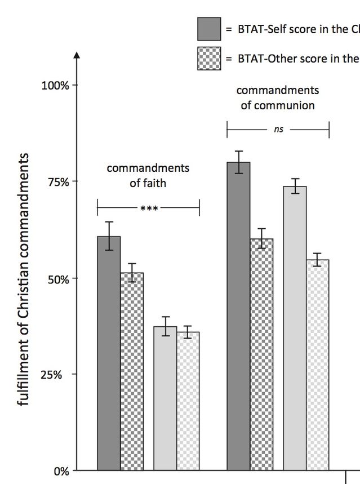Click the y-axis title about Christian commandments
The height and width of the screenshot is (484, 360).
click(24, 279)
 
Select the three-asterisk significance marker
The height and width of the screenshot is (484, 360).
click(149, 208)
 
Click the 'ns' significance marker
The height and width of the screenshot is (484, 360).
click(278, 130)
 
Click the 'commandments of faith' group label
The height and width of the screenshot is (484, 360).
click(148, 175)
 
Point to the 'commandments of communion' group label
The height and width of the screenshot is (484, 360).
click(278, 97)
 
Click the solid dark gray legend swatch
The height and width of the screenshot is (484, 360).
click(209, 29)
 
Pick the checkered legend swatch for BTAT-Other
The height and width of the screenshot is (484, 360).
click(209, 58)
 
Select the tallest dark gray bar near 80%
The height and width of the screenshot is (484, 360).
click(238, 316)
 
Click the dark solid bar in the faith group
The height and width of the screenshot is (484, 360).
click(109, 353)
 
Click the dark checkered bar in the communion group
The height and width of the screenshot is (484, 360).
click(261, 354)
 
